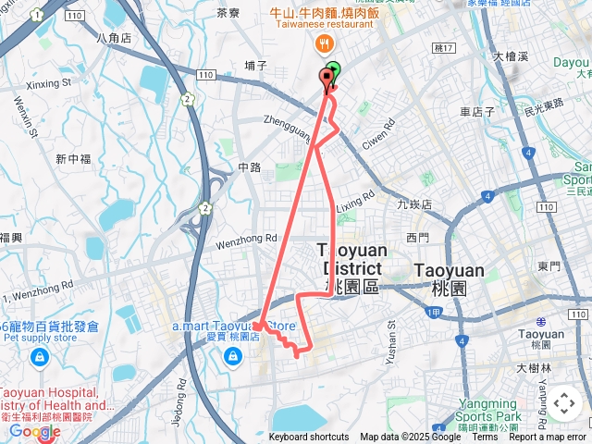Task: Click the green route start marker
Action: [332, 70]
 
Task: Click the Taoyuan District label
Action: [350, 258]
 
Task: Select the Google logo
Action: [34, 431]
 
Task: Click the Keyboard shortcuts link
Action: [309, 438]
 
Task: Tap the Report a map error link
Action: [551, 438]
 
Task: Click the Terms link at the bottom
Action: [485, 438]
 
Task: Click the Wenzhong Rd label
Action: [247, 239]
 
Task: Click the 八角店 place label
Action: [114, 39]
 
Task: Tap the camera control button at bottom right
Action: [563, 404]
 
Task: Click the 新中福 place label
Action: [73, 158]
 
